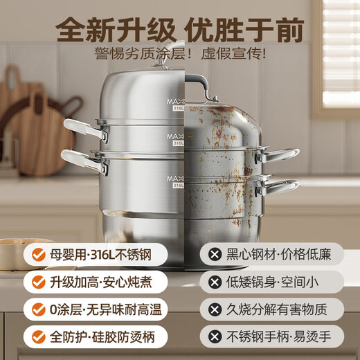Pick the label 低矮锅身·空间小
point(280,282)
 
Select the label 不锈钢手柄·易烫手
point(280,337)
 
